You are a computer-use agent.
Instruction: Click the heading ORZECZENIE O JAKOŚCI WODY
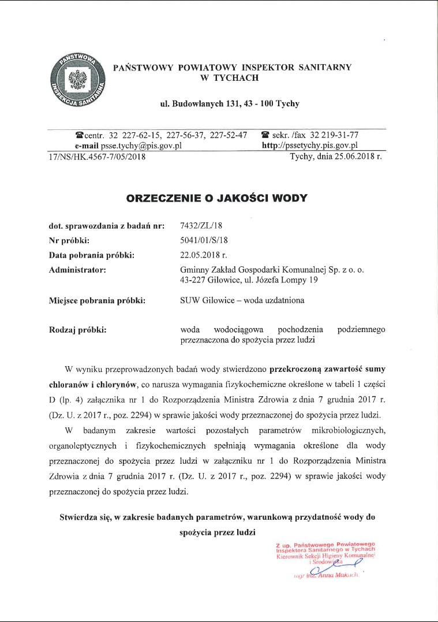click(x=217, y=198)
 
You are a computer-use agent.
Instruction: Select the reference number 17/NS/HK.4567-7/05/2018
click(x=95, y=156)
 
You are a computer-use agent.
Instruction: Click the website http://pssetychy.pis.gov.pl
click(x=310, y=146)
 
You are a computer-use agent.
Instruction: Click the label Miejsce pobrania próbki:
click(x=98, y=300)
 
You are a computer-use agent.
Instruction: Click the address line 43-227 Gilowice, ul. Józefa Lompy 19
click(x=253, y=280)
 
